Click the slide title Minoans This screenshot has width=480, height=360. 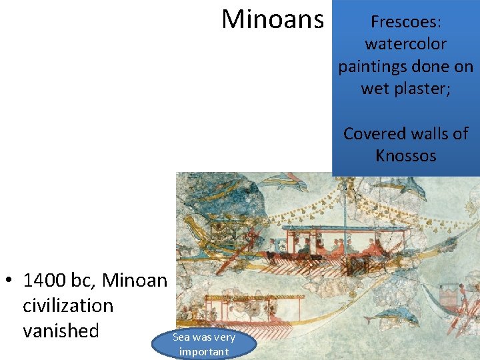272,20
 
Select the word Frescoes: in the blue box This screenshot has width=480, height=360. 405,22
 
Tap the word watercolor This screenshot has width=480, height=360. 405,45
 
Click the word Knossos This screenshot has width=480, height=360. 405,156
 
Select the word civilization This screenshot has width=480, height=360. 68,306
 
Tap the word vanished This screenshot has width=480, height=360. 61,331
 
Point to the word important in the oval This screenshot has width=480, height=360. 203,351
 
